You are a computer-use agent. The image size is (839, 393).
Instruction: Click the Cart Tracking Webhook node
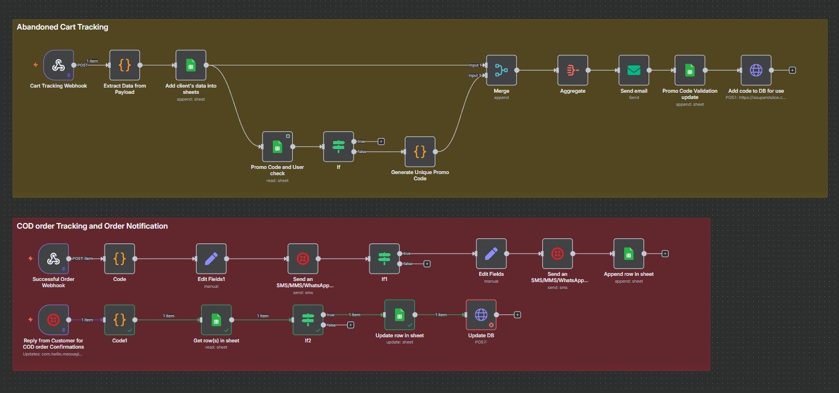59,65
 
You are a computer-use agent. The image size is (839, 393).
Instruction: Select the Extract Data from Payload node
124,65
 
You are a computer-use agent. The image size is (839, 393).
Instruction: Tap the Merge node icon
501,70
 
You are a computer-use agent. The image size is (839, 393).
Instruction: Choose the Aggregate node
572,70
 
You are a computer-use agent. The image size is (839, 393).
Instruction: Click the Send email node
633,70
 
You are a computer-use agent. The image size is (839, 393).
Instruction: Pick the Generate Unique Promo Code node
419,151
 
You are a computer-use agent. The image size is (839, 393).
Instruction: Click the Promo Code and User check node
277,147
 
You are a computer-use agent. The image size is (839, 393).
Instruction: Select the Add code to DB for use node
756,70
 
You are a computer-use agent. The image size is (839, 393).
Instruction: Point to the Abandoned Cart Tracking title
63,27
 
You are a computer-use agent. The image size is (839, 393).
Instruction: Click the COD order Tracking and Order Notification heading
92,226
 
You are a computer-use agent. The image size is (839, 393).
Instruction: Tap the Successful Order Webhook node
53,259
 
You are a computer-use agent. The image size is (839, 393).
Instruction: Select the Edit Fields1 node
211,259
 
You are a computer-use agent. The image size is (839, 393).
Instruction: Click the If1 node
384,259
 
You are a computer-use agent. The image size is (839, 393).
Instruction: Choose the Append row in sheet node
629,254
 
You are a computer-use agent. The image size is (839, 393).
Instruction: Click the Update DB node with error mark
481,315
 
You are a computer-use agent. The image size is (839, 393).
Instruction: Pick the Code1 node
119,320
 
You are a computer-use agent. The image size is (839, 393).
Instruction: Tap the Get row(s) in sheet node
216,320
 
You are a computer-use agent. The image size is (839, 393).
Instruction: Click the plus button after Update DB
517,315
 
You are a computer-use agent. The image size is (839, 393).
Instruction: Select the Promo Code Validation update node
690,70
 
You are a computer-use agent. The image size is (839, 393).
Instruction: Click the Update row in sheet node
399,315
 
